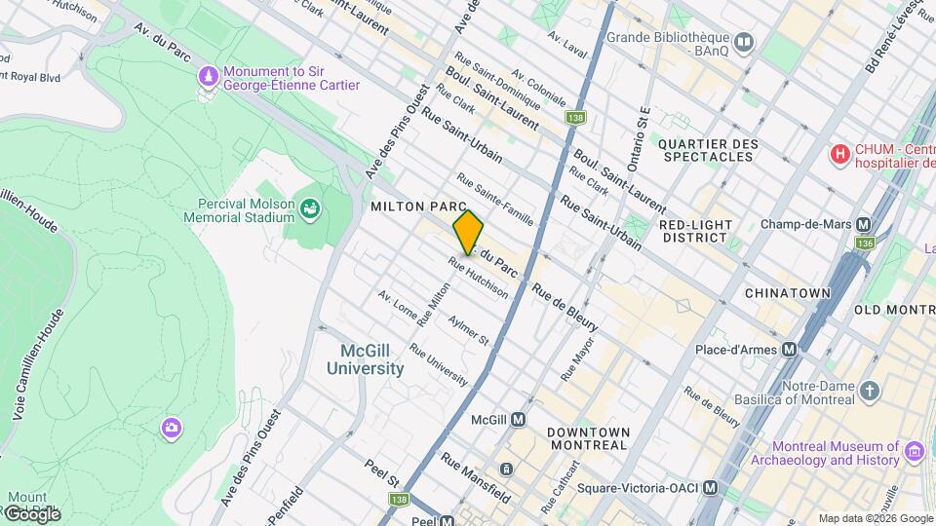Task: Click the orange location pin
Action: tap(468, 233)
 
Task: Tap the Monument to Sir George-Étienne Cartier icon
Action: tap(208, 76)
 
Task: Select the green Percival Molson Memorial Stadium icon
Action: tap(310, 208)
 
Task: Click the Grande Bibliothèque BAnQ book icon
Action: tap(745, 42)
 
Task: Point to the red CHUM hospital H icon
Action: tap(838, 154)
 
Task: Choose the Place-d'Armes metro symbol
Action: tap(790, 349)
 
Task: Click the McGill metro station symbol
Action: tap(519, 420)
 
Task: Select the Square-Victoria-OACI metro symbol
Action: tap(712, 487)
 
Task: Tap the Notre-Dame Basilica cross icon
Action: tap(871, 391)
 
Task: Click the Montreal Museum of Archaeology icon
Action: tap(914, 452)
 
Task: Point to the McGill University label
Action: tap(365, 359)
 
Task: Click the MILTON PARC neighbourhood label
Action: tap(411, 207)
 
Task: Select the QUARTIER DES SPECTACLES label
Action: tap(708, 152)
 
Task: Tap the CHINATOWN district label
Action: tap(787, 292)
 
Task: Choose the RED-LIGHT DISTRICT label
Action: tap(694, 231)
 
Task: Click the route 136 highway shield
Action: tap(865, 243)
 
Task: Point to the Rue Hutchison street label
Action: tap(479, 278)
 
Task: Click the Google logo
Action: tap(32, 513)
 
